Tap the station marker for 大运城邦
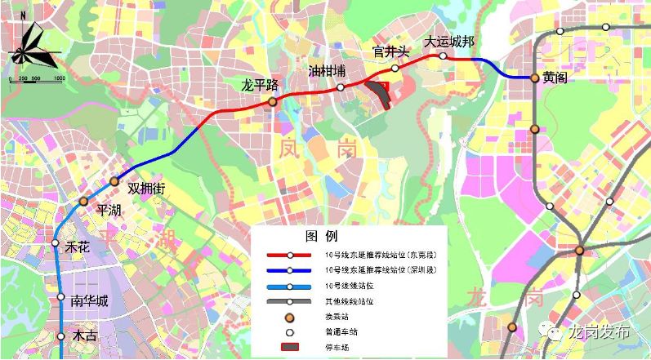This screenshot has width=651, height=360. point(443,56)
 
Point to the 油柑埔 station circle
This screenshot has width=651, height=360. point(341,87)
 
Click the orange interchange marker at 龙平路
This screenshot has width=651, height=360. point(273,101)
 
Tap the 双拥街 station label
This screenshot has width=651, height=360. point(147,189)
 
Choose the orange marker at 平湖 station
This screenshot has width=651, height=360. point(83,200)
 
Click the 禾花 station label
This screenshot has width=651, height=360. point(78,247)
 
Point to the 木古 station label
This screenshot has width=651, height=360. point(84,336)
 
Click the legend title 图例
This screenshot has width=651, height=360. point(321,237)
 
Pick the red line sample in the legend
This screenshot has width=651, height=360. point(289,255)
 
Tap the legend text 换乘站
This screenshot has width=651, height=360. point(336,317)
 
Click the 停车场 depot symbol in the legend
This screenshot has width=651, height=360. point(289,348)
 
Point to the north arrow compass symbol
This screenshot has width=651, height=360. point(33,47)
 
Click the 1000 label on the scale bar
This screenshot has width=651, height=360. point(59,78)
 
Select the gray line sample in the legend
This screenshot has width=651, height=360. point(289,301)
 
